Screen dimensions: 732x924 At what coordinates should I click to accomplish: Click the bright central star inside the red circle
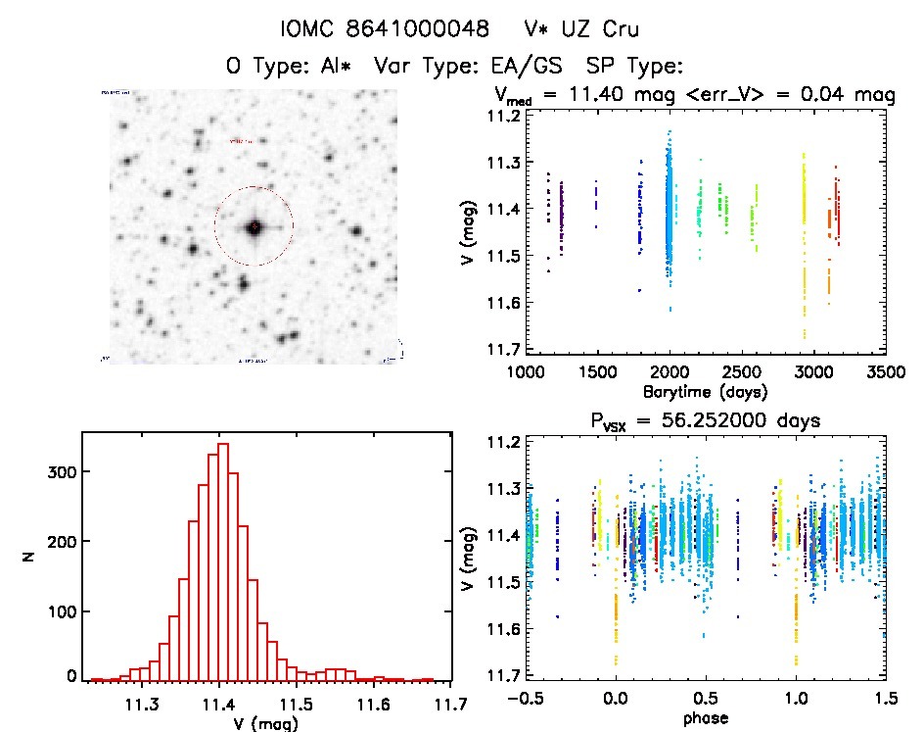pyautogui.click(x=254, y=227)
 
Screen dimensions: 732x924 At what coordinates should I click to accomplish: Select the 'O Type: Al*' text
pyautogui.click(x=283, y=67)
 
